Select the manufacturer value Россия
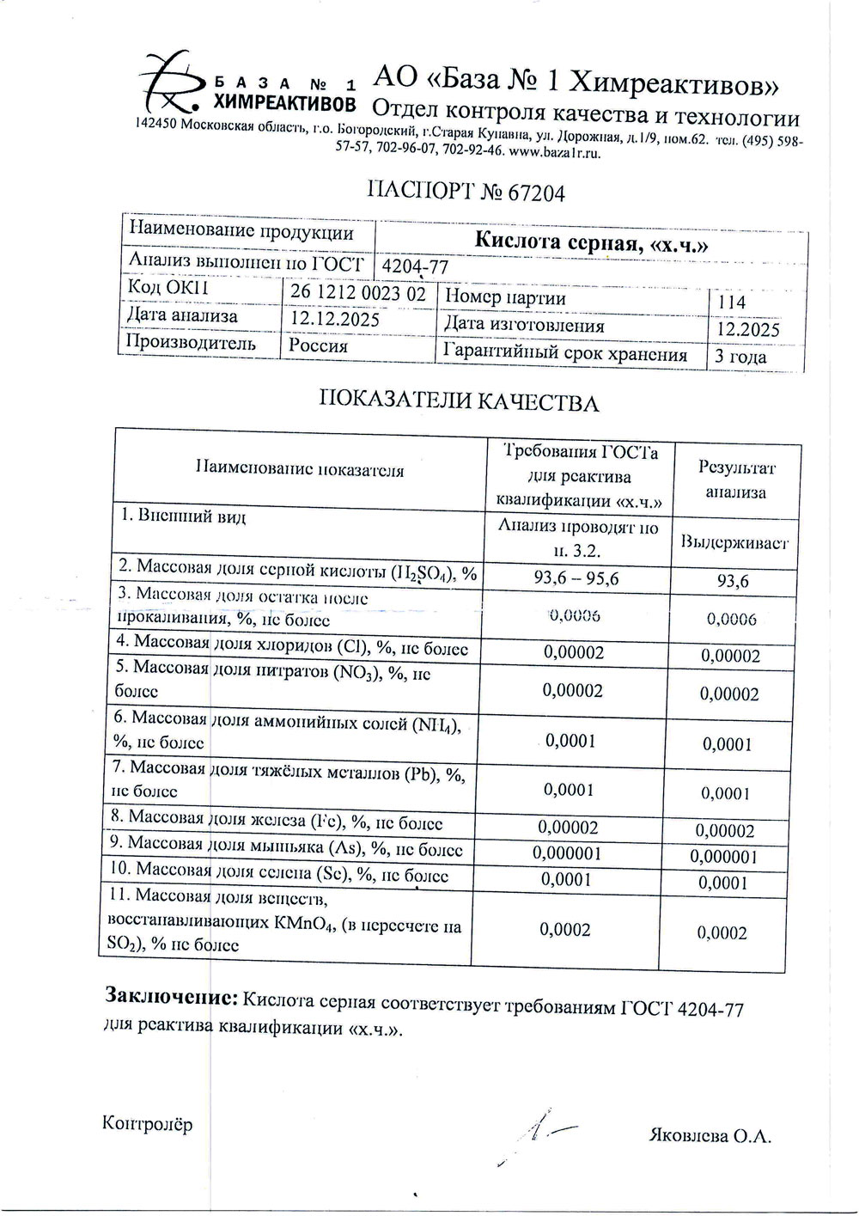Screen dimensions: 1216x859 (318, 345)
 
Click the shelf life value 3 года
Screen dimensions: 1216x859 (740, 356)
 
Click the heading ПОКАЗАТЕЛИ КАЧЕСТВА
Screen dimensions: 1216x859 (459, 402)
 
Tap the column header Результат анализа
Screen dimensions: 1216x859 (736, 480)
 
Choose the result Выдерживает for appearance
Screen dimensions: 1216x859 (734, 542)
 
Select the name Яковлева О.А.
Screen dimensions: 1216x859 (710, 1136)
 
